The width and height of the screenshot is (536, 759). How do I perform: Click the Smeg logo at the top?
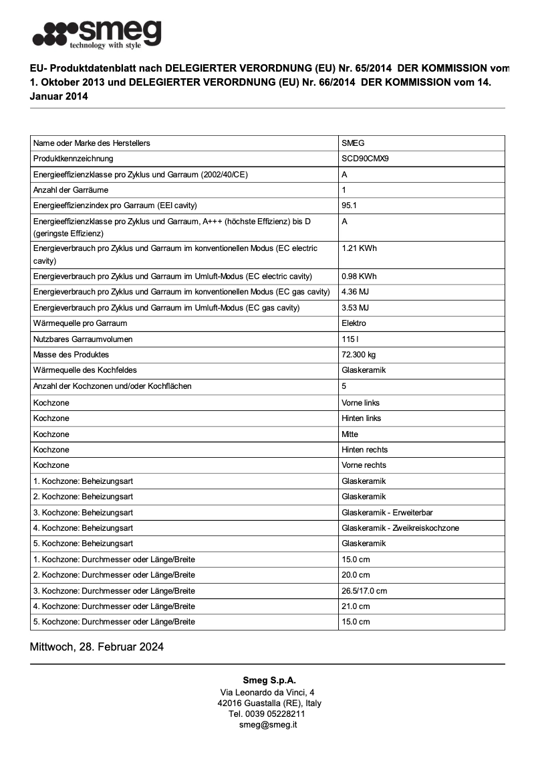tap(97, 34)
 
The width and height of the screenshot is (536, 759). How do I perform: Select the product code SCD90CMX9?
tap(365, 159)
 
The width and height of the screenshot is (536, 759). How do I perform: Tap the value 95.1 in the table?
tap(349, 205)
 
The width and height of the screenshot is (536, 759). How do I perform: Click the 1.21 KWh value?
tap(359, 248)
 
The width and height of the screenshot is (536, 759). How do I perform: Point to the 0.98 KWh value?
tap(359, 276)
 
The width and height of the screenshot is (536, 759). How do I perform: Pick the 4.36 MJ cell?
tap(355, 292)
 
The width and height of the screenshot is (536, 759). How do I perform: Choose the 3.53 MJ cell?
tap(355, 308)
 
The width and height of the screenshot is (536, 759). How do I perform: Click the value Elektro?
tap(354, 323)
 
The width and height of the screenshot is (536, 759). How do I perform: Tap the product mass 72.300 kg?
tap(358, 355)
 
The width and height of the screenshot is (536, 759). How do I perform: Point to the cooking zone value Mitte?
tap(350, 434)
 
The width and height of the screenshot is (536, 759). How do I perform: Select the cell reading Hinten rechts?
tap(364, 450)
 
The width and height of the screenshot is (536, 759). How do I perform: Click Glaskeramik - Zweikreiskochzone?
tap(400, 528)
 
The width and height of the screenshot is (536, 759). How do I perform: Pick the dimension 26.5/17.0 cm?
tap(364, 591)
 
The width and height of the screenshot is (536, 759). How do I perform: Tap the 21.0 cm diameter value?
tap(356, 606)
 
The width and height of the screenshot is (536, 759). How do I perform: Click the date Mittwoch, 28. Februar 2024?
tap(97, 647)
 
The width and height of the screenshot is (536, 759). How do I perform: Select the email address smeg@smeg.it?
tap(267, 725)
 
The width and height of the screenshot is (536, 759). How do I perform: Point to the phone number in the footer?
tap(267, 714)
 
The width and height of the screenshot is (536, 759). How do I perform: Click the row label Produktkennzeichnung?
tap(74, 159)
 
